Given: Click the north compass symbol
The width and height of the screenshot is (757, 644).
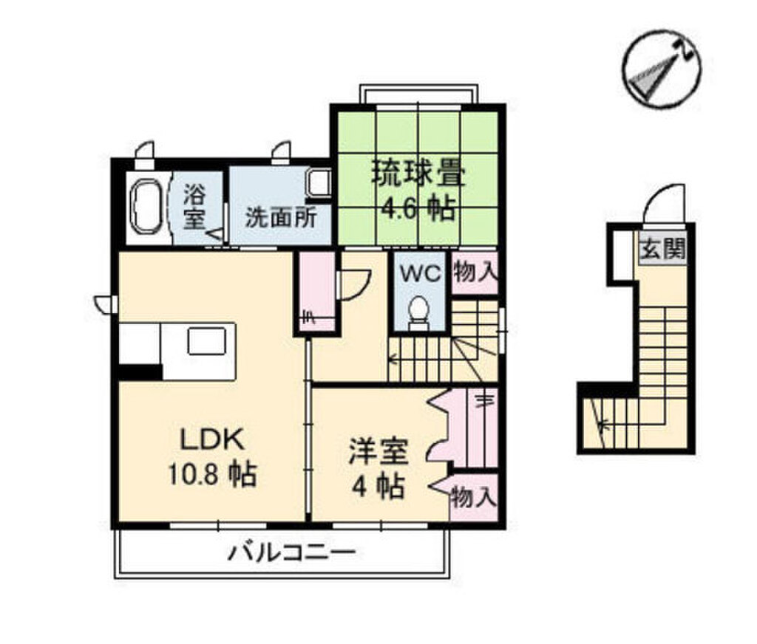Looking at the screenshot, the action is click(x=661, y=67).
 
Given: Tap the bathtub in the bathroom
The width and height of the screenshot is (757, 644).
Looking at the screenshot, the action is click(x=146, y=206).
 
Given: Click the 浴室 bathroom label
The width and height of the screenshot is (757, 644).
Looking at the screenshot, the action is click(x=194, y=208).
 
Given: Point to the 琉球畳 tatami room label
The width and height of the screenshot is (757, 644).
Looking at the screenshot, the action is click(x=418, y=176).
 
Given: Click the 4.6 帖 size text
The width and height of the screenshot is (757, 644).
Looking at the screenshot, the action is click(x=418, y=209).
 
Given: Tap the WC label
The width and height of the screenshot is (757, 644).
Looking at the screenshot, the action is click(x=421, y=274).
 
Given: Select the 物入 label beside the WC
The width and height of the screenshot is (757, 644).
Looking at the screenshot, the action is click(x=475, y=273).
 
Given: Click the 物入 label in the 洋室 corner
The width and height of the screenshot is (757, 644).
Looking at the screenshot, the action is click(x=473, y=497).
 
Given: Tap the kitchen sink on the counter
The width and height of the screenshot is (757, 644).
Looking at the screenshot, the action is click(x=207, y=341).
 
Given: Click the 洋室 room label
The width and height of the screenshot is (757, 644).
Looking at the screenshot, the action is click(x=378, y=451).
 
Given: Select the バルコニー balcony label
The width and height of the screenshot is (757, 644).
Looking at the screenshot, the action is click(x=291, y=552).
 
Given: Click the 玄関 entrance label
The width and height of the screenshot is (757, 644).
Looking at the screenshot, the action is click(x=663, y=251).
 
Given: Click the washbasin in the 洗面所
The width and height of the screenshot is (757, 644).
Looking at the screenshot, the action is click(x=319, y=182).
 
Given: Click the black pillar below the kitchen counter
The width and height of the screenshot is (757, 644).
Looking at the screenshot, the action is click(x=140, y=372).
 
